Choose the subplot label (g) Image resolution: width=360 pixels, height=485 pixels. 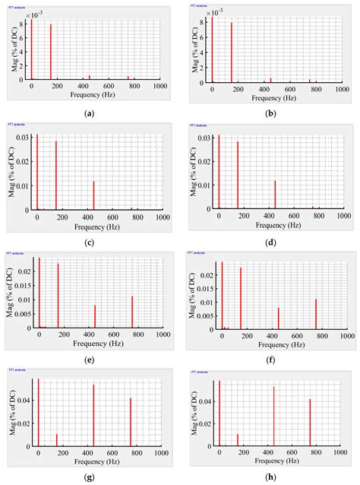point(90,477)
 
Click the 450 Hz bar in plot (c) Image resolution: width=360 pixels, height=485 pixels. point(94,195)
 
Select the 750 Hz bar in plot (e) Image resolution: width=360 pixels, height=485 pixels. point(132,312)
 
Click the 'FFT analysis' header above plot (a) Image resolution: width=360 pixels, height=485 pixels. point(17,6)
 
